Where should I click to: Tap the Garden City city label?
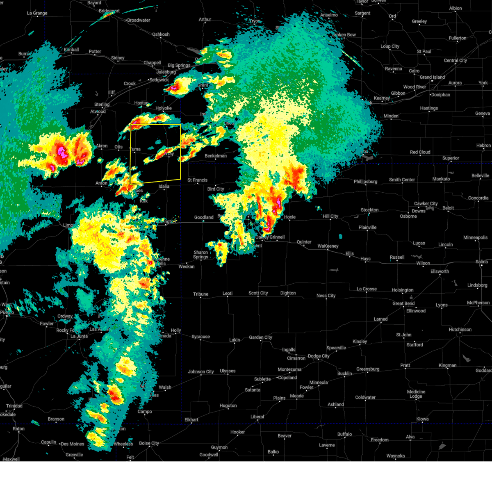(x=260, y=337)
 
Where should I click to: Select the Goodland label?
(x=204, y=217)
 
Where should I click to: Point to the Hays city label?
(x=365, y=259)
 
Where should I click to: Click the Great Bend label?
(x=403, y=303)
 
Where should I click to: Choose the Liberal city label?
(x=257, y=417)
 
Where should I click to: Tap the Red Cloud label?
(x=420, y=152)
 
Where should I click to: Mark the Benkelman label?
(x=216, y=156)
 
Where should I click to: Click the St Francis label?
(x=197, y=180)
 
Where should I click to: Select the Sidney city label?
(x=118, y=58)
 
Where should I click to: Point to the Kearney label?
(x=382, y=98)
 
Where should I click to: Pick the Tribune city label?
(x=200, y=294)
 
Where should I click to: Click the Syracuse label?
(x=200, y=337)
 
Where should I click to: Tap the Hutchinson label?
(x=460, y=329)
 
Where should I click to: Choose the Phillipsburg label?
(x=365, y=182)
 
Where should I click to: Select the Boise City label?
(x=149, y=443)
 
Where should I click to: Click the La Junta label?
(x=79, y=336)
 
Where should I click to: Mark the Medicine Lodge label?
(x=416, y=394)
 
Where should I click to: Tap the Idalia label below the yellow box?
(x=164, y=186)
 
